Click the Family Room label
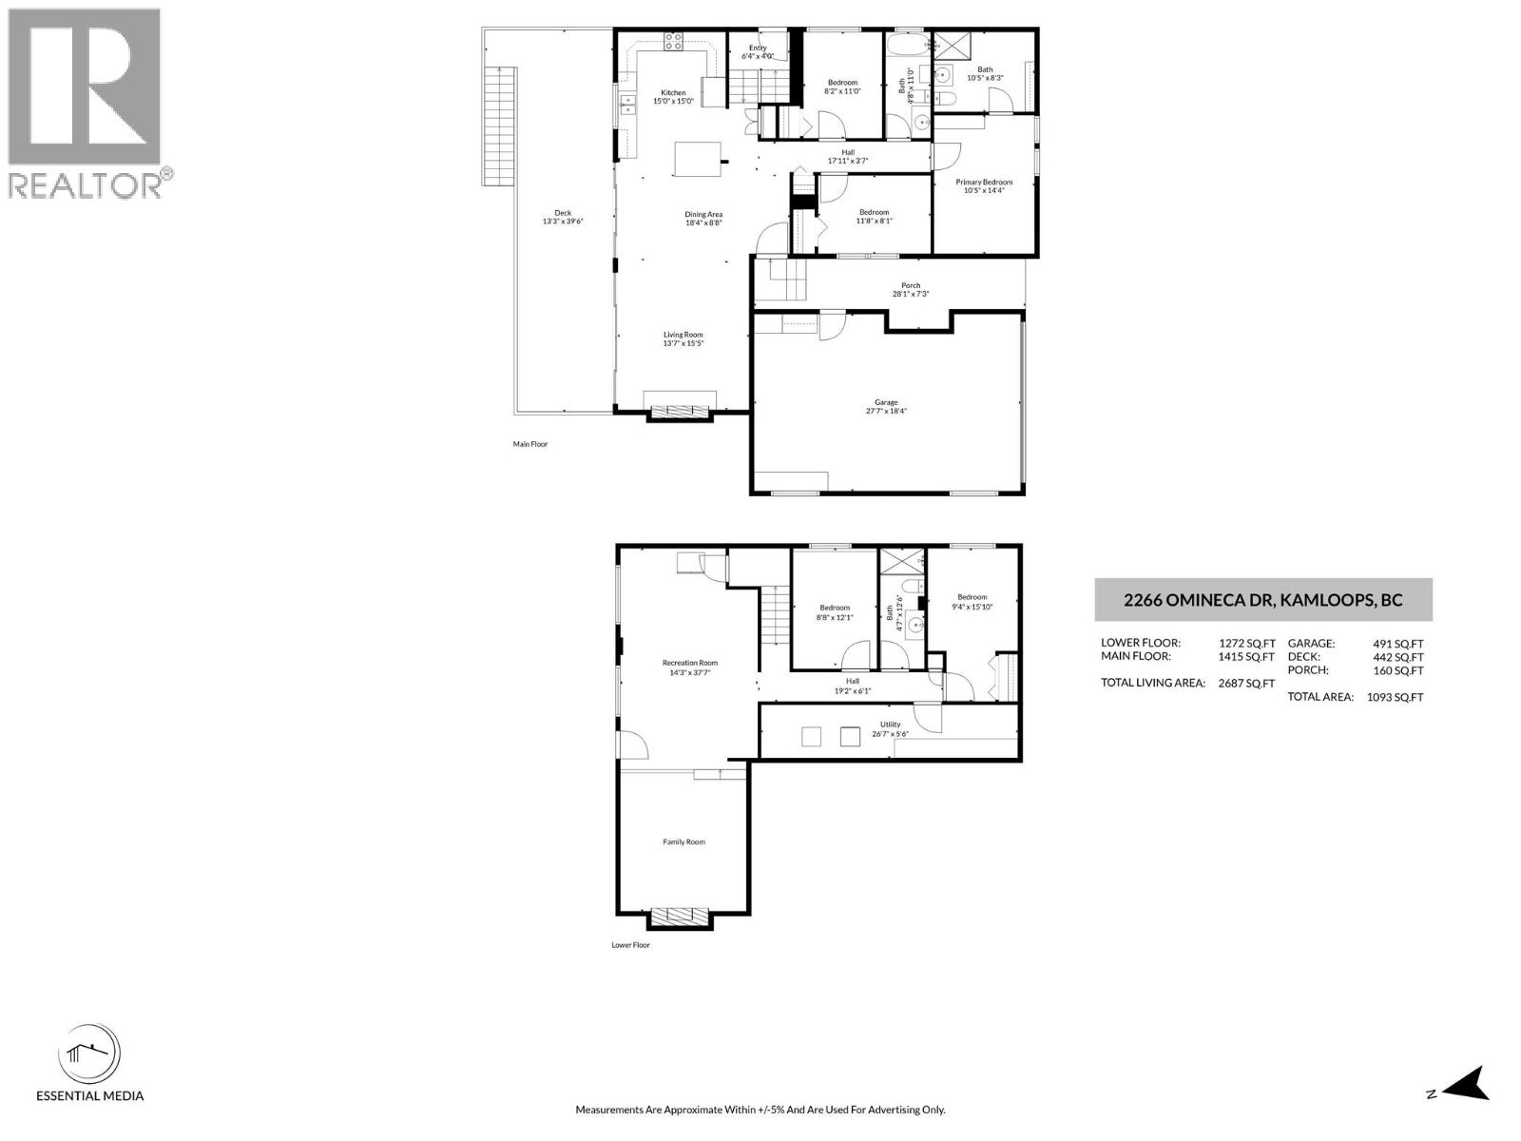pyautogui.click(x=683, y=841)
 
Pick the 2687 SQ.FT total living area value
pyautogui.click(x=1246, y=683)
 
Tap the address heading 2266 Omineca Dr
pyautogui.click(x=1262, y=600)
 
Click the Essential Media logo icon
pyautogui.click(x=89, y=1055)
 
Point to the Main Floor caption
pyautogui.click(x=530, y=444)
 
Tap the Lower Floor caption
pyautogui.click(x=630, y=945)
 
